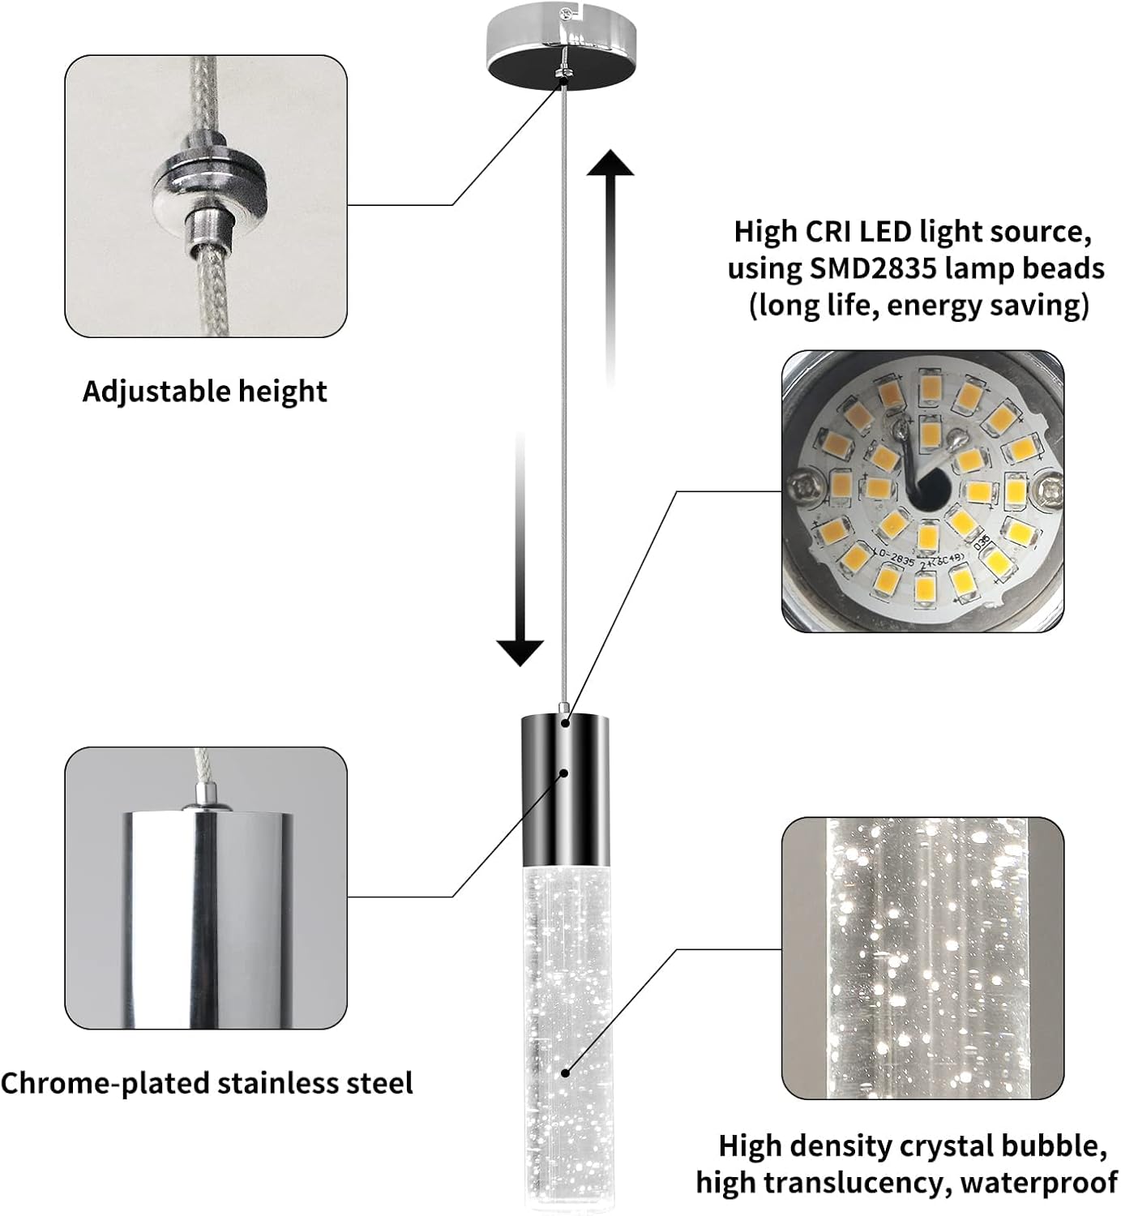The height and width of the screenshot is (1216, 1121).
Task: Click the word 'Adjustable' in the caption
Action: click(x=144, y=392)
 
